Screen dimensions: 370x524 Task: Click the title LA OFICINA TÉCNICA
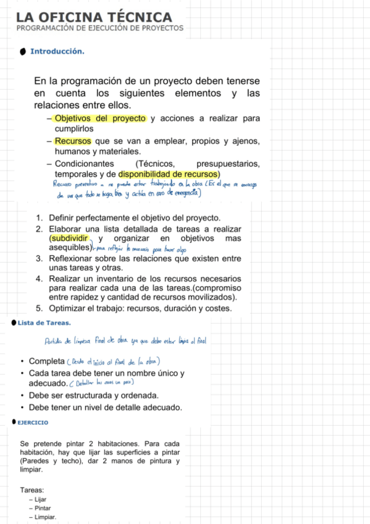[x=94, y=17]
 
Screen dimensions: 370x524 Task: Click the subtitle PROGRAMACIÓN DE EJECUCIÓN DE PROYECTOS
[x=100, y=28]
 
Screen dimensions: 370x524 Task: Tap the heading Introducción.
[x=57, y=51]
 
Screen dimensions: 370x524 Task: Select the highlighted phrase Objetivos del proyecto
[x=99, y=119]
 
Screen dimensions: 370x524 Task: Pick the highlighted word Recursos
[x=72, y=142]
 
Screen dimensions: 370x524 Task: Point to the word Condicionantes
[x=84, y=164]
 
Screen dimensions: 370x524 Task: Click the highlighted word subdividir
[x=69, y=238]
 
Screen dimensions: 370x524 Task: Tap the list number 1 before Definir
[x=39, y=218]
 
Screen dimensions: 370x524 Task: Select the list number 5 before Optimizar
[x=39, y=308]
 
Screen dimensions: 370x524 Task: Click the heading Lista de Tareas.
[x=44, y=323]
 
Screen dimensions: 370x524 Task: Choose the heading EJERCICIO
[x=33, y=423]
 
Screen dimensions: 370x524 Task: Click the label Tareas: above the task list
[x=32, y=490]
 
